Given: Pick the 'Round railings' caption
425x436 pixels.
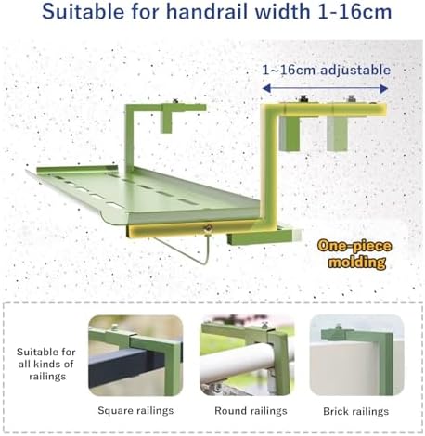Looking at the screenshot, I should pos(244,409).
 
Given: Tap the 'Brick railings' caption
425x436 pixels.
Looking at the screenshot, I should pos(355,409).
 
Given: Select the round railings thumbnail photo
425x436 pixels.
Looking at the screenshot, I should pos(245,355).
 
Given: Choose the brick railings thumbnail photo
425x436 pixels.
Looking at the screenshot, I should pos(355,355).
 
